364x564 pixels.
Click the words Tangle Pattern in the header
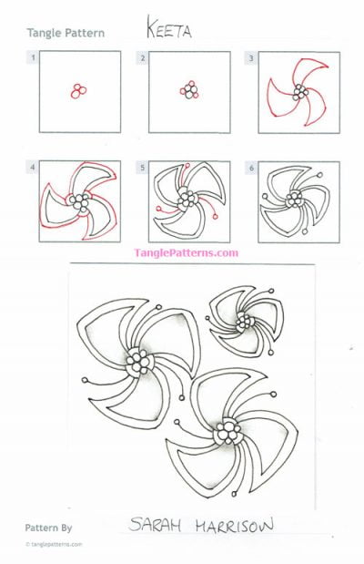65,33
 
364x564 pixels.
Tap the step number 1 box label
33,58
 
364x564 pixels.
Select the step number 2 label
142,58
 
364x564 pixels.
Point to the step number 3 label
251,58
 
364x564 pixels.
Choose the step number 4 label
33,169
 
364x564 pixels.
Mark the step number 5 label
142,169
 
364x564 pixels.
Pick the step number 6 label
251,169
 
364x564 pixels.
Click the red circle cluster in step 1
78,90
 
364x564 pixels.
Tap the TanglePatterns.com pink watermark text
186,252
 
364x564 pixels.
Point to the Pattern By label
49,527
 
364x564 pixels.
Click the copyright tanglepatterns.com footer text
55,544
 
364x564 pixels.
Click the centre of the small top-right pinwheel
244,321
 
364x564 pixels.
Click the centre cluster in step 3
298,90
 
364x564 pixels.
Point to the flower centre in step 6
296,200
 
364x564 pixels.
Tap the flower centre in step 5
187,198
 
